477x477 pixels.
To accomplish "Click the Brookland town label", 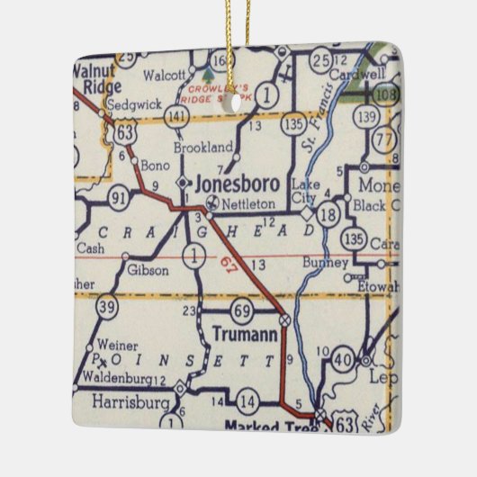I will click(x=203, y=146).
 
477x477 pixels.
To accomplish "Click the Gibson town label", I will click(x=147, y=269).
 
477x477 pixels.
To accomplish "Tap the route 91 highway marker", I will click(x=119, y=197).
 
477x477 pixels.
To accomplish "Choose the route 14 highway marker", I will click(x=247, y=401).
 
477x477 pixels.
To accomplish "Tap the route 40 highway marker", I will click(x=343, y=361).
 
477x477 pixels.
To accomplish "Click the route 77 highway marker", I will click(x=383, y=140).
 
